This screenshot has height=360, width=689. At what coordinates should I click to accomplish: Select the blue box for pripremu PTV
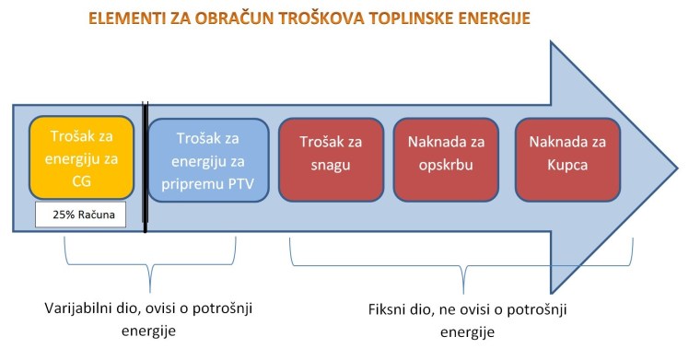click(x=208, y=158)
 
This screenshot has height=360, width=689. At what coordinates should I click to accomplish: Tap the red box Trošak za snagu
click(x=330, y=158)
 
